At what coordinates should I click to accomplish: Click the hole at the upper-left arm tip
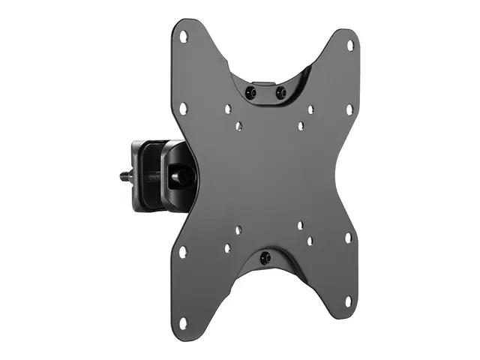coord(183,37)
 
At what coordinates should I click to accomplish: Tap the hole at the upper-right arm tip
coord(350,45)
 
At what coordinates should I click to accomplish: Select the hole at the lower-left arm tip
coord(183,322)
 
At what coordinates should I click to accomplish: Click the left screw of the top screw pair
coord(250,92)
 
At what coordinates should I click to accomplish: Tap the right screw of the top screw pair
coord(280,93)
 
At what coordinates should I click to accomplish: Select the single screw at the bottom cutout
coord(264,258)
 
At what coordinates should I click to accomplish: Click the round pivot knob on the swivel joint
coord(181,177)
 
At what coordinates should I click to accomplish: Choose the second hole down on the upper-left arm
coord(183,109)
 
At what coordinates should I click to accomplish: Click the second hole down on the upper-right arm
coord(349,109)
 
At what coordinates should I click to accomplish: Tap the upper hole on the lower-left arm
coord(183,251)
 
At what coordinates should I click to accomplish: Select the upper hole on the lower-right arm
coord(348,238)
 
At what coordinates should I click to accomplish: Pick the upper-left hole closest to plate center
coord(238,126)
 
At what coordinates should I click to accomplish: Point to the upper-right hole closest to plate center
coord(300,127)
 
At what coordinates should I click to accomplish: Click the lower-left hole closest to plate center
coord(238,230)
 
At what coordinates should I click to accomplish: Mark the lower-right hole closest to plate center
coord(299,225)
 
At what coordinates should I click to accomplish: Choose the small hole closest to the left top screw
coord(227,109)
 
